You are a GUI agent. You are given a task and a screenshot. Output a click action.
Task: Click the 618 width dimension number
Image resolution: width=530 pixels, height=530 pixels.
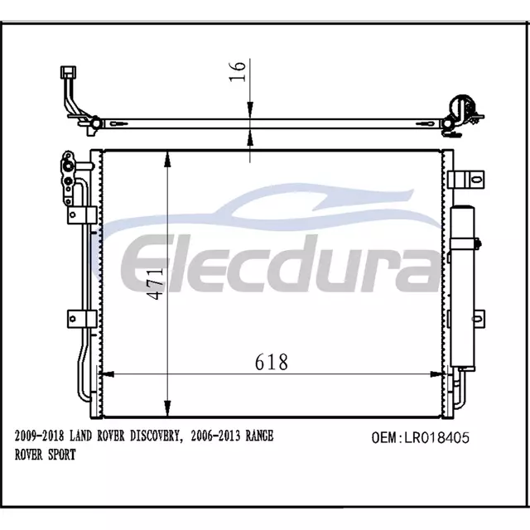[x=272, y=362]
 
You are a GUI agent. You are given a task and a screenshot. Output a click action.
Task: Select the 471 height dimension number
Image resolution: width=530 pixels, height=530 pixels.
[x=156, y=283]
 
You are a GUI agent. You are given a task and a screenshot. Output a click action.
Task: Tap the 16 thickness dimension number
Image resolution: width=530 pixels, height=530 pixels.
[x=237, y=71]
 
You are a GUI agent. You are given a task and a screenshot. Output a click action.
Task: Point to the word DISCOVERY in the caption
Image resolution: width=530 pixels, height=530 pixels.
[x=157, y=436]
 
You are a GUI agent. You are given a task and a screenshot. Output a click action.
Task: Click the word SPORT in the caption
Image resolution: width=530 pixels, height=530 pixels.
[x=62, y=455]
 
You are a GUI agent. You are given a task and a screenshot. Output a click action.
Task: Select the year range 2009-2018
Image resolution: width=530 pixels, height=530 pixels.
[x=39, y=436]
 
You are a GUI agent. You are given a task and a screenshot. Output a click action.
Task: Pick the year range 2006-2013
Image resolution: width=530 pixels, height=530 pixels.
[x=215, y=436]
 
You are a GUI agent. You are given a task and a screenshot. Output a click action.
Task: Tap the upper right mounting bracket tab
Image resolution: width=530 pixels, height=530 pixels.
[x=465, y=180]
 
